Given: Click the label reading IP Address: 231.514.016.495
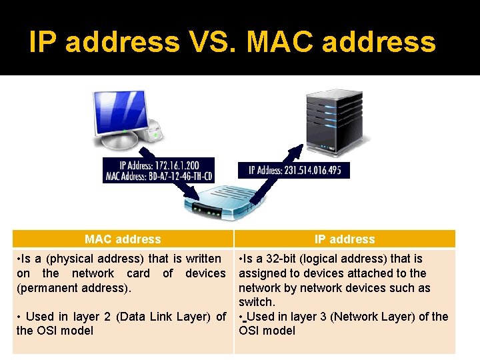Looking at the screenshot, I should [295, 170].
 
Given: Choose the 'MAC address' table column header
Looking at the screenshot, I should [123, 239].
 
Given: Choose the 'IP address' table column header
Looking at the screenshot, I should [345, 239].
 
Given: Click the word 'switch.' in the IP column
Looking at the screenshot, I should [257, 302].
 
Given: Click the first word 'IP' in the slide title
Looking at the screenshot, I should [43, 42].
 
